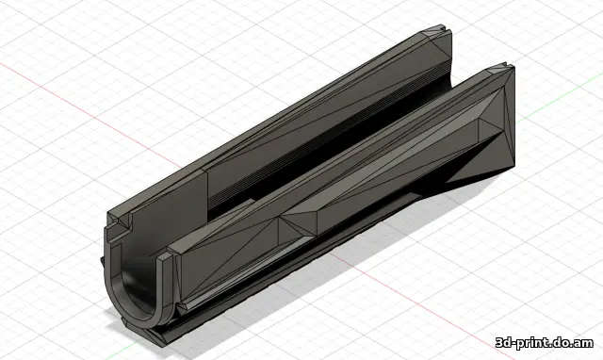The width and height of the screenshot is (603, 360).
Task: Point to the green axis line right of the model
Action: coord(559,101)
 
